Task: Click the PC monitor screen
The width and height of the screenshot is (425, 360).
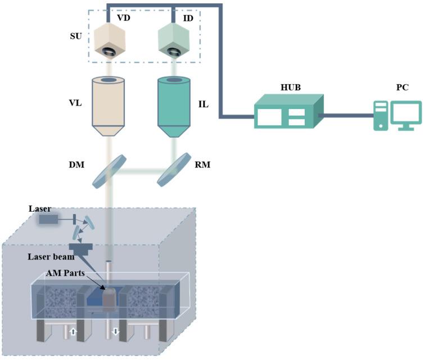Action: pos(406,113)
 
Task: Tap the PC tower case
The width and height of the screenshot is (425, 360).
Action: pos(381,116)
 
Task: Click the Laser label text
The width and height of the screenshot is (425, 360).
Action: pos(40,208)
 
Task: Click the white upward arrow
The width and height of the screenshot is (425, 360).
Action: pos(73,332)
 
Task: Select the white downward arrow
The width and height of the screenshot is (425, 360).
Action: pos(116,332)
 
